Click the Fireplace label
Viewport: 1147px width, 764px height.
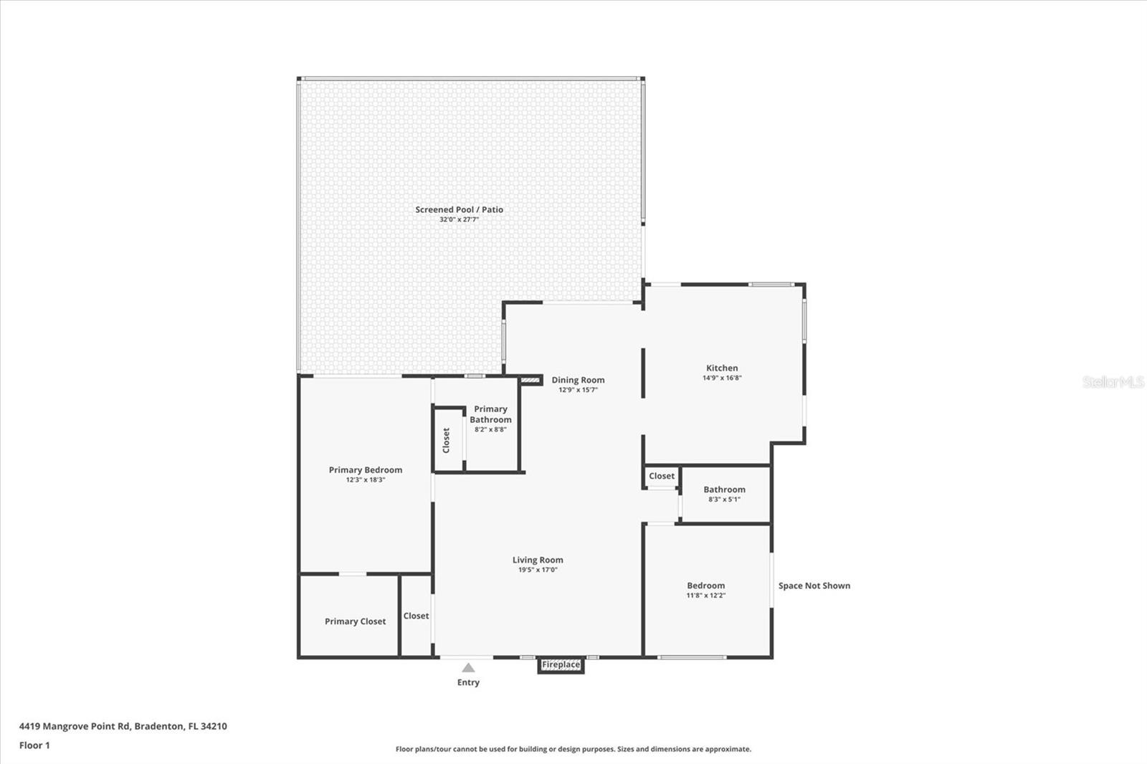coord(561,665)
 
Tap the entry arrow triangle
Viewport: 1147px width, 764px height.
coord(468,667)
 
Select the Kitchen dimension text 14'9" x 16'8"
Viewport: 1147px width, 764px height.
coord(722,378)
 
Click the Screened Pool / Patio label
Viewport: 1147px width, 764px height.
coord(459,209)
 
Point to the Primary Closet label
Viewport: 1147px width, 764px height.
coord(355,621)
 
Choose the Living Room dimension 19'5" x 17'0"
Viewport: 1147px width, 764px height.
coord(538,570)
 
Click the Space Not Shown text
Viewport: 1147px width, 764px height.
coord(814,586)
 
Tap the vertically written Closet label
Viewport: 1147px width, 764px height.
coord(446,440)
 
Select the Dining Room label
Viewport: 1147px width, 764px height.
coord(578,380)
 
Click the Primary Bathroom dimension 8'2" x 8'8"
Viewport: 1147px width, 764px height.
coord(490,429)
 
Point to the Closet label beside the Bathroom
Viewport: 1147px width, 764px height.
coord(661,476)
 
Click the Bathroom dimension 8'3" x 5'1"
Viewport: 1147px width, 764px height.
coord(724,499)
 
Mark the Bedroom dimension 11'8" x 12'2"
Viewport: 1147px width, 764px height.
coord(705,595)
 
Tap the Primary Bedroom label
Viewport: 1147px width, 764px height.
coord(365,469)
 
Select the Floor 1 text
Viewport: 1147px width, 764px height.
coord(34,745)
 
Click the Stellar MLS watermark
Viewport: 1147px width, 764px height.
coord(1113,382)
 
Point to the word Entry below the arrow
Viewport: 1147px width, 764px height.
coord(468,682)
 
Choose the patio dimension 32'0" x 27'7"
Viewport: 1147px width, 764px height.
coord(459,219)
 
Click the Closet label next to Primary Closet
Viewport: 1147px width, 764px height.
coord(416,616)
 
